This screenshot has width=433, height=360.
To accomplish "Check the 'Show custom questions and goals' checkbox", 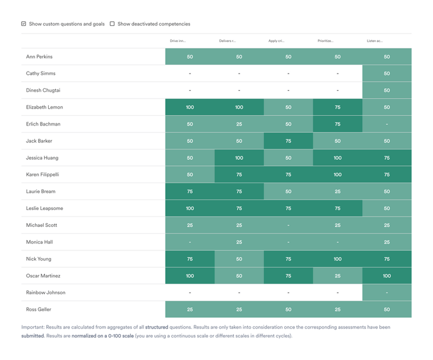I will (24, 24).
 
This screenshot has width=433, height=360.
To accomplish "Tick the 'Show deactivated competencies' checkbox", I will (113, 24).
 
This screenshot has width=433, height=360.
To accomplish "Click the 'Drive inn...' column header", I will (178, 41).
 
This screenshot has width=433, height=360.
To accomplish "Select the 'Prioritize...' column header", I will (325, 41).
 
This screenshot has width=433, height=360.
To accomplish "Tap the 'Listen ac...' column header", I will (375, 41).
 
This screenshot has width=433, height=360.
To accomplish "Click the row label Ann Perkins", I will (40, 57).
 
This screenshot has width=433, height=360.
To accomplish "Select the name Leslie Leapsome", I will (44, 208).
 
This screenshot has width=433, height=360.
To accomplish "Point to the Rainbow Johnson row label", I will (45, 292).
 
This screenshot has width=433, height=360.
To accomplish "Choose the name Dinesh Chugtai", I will (44, 90).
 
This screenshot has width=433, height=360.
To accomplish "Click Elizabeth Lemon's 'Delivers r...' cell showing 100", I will (239, 107).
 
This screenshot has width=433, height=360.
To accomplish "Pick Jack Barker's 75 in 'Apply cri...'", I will (288, 141).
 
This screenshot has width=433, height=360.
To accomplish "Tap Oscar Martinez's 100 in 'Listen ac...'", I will (386, 276).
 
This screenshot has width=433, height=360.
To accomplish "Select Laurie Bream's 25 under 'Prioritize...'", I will (337, 192).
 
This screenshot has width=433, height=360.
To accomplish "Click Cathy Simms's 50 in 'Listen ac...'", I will (386, 74).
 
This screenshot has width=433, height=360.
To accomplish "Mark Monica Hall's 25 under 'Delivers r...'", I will (239, 242).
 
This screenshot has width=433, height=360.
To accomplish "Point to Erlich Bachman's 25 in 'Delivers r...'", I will (239, 124).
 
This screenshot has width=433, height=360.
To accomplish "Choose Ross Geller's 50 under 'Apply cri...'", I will (288, 309).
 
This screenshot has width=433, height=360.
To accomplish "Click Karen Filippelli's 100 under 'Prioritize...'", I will (337, 175).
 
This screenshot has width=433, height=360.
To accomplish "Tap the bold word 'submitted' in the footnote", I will (32, 336).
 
